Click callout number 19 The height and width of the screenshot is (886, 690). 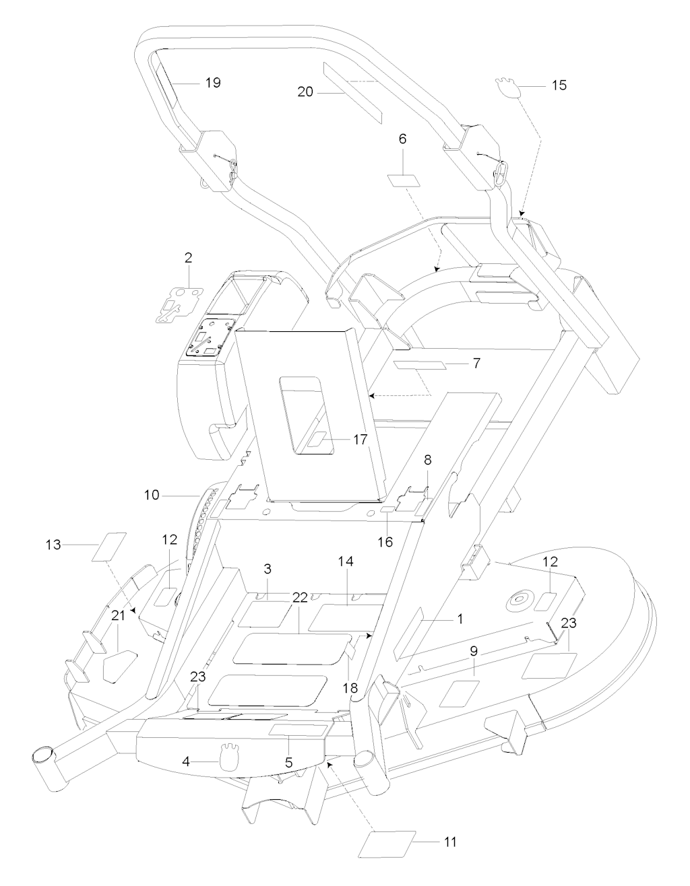[212, 83]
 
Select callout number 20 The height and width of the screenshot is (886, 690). [305, 92]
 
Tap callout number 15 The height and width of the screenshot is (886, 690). [559, 86]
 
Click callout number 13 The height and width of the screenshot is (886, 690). [55, 543]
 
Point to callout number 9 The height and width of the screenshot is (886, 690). [474, 651]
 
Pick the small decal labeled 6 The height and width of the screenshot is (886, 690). [403, 181]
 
